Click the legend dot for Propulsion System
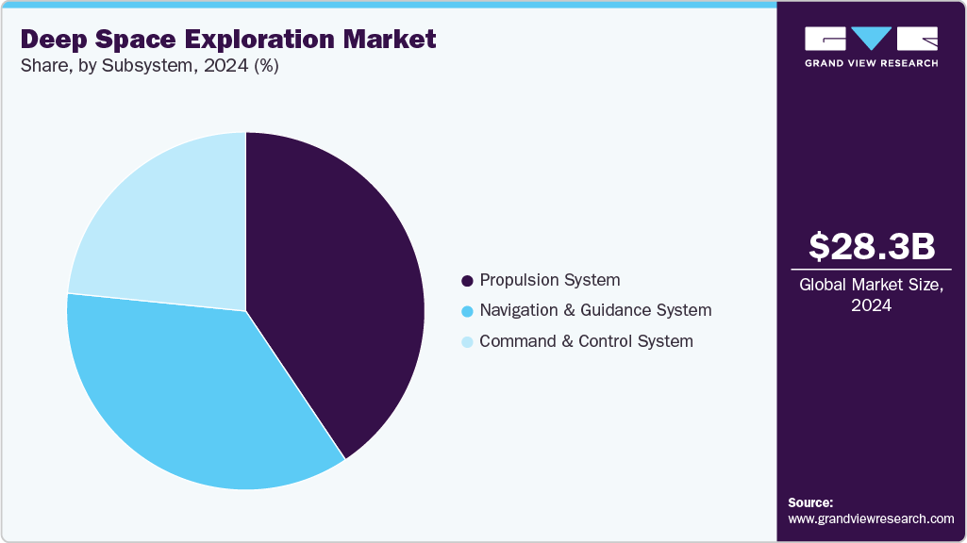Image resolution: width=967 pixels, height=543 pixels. pyautogui.click(x=466, y=281)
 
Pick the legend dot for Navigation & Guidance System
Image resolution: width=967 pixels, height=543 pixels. pyautogui.click(x=466, y=311)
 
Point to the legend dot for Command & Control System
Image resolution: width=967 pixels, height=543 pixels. pyautogui.click(x=466, y=342)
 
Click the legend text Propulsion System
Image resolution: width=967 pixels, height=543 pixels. pyautogui.click(x=550, y=280)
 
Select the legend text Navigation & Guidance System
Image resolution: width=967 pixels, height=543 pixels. pyautogui.click(x=595, y=310)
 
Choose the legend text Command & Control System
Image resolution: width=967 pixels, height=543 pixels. pyautogui.click(x=586, y=341)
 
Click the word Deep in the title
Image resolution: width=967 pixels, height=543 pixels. pyautogui.click(x=56, y=40)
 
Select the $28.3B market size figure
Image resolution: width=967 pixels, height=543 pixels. pyautogui.click(x=872, y=247)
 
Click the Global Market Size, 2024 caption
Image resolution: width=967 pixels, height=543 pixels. pyautogui.click(x=872, y=295)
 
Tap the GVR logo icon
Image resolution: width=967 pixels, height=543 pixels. pyautogui.click(x=872, y=39)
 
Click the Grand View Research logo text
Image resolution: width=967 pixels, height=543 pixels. pyautogui.click(x=872, y=63)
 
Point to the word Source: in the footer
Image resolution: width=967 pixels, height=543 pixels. pyautogui.click(x=810, y=502)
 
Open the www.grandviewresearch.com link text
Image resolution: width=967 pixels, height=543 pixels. pyautogui.click(x=871, y=518)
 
